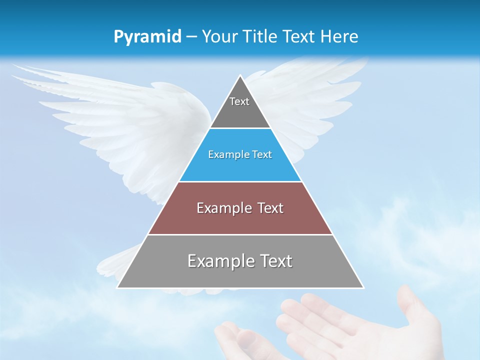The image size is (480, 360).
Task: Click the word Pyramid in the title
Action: pos(147,37)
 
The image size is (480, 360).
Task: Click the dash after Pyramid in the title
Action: pos(191,37)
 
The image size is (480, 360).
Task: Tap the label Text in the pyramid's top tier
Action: pos(239,101)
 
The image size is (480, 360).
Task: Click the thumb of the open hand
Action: pos(410,305)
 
